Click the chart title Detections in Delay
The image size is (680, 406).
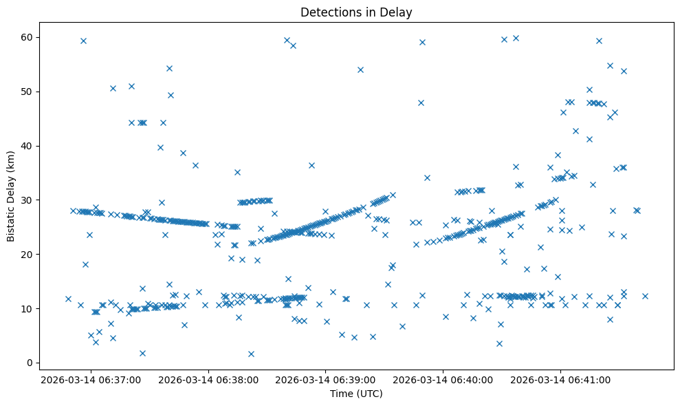point(356,12)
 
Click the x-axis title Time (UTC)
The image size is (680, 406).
point(356,394)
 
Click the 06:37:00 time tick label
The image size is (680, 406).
point(91,379)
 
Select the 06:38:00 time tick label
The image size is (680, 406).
point(208,379)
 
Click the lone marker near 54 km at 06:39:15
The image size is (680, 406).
point(360,70)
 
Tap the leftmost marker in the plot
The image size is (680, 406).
point(68,299)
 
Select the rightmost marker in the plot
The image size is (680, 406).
point(645,296)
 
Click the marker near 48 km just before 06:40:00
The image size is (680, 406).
point(421,103)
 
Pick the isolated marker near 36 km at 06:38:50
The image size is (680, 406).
point(311,165)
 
